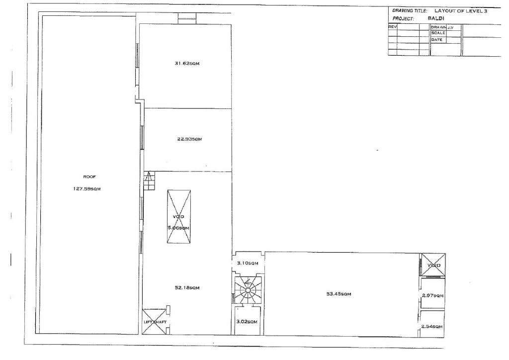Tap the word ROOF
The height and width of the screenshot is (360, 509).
tap(89, 177)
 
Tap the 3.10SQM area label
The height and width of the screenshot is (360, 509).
tap(247, 263)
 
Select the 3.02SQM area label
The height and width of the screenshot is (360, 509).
tap(247, 322)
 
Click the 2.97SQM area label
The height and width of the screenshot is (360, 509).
tap(432, 296)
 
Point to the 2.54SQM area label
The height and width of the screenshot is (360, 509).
tap(431, 326)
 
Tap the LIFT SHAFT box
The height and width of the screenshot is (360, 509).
tap(154, 322)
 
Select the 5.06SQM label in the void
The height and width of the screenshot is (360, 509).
tap(178, 228)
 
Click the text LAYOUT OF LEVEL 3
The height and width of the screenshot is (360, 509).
tap(460, 10)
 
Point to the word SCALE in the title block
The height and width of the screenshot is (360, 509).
tap(437, 33)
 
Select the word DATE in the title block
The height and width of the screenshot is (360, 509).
tap(436, 39)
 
